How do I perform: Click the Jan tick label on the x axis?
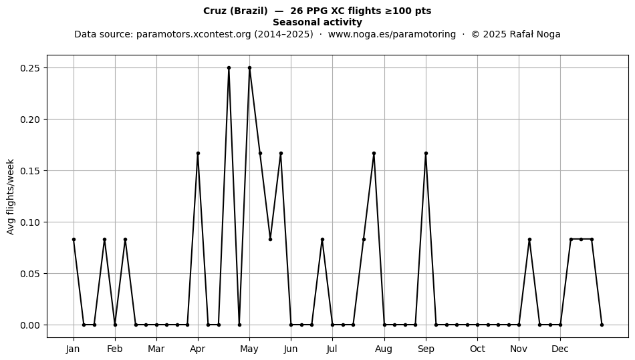click(x=73, y=349)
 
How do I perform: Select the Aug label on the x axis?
click(x=384, y=349)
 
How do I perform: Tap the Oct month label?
click(x=477, y=349)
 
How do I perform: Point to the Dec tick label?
click(x=560, y=349)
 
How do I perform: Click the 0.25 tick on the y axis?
click(x=30, y=68)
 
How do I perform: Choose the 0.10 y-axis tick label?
click(x=30, y=222)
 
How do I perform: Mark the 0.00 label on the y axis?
click(x=30, y=325)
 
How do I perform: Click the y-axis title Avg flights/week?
click(x=11, y=196)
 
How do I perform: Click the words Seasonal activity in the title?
click(x=317, y=22)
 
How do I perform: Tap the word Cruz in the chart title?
click(x=215, y=11)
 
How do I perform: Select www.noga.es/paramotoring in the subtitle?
click(x=392, y=34)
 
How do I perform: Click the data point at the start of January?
click(x=74, y=240)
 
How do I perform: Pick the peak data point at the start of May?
click(x=249, y=68)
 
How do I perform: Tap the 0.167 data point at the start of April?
click(x=198, y=154)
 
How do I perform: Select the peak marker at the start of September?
click(x=426, y=154)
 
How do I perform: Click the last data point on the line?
click(x=602, y=325)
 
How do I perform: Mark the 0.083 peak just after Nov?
click(x=529, y=240)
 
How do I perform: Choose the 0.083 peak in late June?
click(x=322, y=240)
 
